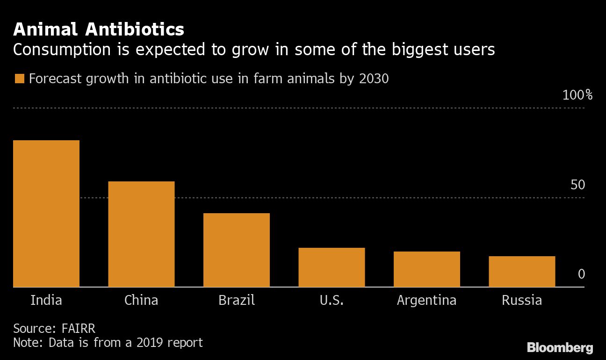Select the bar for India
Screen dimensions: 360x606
(x=46, y=214)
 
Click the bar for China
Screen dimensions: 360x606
(x=141, y=234)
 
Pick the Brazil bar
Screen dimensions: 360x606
(x=236, y=250)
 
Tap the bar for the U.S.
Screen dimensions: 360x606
(x=332, y=267)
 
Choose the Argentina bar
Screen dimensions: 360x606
(x=426, y=269)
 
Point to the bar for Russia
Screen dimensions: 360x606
(x=522, y=272)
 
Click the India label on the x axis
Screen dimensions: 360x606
(x=46, y=300)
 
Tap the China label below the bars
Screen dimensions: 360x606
(x=141, y=300)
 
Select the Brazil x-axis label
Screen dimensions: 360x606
(x=237, y=300)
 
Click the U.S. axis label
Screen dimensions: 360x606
(x=332, y=300)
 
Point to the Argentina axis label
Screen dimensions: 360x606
(x=426, y=300)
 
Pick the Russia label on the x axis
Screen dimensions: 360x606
(x=522, y=300)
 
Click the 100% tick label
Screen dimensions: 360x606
(x=577, y=95)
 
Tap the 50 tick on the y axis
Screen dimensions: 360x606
(x=577, y=185)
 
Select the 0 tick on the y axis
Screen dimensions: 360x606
(x=581, y=274)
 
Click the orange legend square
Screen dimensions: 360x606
(x=19, y=79)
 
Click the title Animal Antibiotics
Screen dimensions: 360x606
(x=99, y=30)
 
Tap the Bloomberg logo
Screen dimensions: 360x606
(x=560, y=348)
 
